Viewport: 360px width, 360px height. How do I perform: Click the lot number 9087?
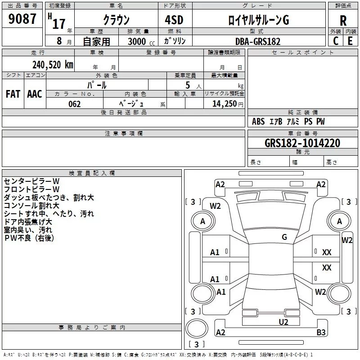point(22,19)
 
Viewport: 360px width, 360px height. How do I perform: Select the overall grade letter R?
point(343,20)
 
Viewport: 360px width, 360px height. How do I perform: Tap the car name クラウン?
point(116,20)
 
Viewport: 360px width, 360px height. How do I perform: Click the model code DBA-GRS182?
point(257,41)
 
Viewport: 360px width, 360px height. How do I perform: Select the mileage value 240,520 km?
point(52,64)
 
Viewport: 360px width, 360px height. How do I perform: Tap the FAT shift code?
point(13,94)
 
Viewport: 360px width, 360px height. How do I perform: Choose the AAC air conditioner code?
point(34,94)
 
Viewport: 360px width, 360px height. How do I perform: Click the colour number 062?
point(74,104)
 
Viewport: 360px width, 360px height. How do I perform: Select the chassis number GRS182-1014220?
point(302,143)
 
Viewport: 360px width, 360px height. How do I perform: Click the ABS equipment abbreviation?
point(258,121)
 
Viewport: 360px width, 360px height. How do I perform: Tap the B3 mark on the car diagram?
point(321,333)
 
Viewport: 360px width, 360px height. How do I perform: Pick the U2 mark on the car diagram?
point(283,322)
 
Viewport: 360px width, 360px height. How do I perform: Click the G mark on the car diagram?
point(284,237)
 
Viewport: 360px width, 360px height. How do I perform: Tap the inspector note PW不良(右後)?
point(29,238)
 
